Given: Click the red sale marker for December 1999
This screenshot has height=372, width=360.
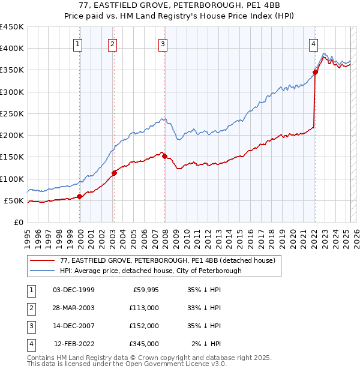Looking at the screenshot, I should (x=79, y=196).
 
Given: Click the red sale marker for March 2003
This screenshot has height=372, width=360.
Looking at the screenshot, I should (x=114, y=173).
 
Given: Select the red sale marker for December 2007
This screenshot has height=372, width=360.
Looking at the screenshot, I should (x=164, y=156).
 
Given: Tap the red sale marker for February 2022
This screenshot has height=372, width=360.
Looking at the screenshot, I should (x=314, y=73).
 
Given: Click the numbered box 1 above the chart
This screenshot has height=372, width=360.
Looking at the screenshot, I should (x=79, y=43).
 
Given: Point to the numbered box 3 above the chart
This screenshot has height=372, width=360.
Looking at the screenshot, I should (x=163, y=43).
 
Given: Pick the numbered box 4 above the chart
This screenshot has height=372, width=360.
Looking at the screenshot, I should (x=314, y=43).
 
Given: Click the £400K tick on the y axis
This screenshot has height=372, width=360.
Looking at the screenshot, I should (x=12, y=49).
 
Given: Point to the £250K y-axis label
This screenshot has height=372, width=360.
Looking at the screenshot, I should (x=12, y=113).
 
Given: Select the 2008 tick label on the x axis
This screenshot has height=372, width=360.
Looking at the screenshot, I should (x=165, y=235).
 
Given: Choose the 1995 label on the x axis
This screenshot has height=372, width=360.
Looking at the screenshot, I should (x=28, y=235).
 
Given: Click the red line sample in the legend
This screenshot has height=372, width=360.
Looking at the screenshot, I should (x=42, y=260).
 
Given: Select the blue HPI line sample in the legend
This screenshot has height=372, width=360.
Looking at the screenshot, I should (x=42, y=271).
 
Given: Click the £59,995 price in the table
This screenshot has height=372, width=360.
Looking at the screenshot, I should (x=144, y=290).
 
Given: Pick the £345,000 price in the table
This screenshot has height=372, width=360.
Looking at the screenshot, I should (x=144, y=344).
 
